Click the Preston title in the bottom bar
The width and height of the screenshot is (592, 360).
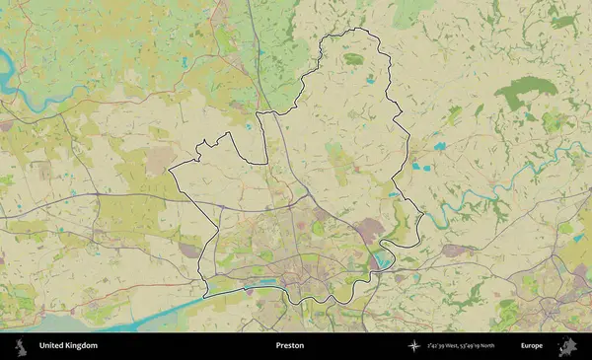(289, 346)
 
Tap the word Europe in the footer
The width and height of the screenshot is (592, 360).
(532, 346)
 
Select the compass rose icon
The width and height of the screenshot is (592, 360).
(414, 346)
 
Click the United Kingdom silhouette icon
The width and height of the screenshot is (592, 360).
(20, 346)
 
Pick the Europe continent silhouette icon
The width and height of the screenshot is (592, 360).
(567, 346)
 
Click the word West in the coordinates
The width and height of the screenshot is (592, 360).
(455, 346)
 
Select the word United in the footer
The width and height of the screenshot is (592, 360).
(53, 346)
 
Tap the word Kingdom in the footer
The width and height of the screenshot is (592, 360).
(83, 346)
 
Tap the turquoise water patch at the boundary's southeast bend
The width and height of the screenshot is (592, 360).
(381, 260)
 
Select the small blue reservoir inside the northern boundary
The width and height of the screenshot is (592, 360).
(370, 79)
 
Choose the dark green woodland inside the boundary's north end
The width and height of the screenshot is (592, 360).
(353, 59)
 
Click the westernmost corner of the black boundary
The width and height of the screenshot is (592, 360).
(170, 171)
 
